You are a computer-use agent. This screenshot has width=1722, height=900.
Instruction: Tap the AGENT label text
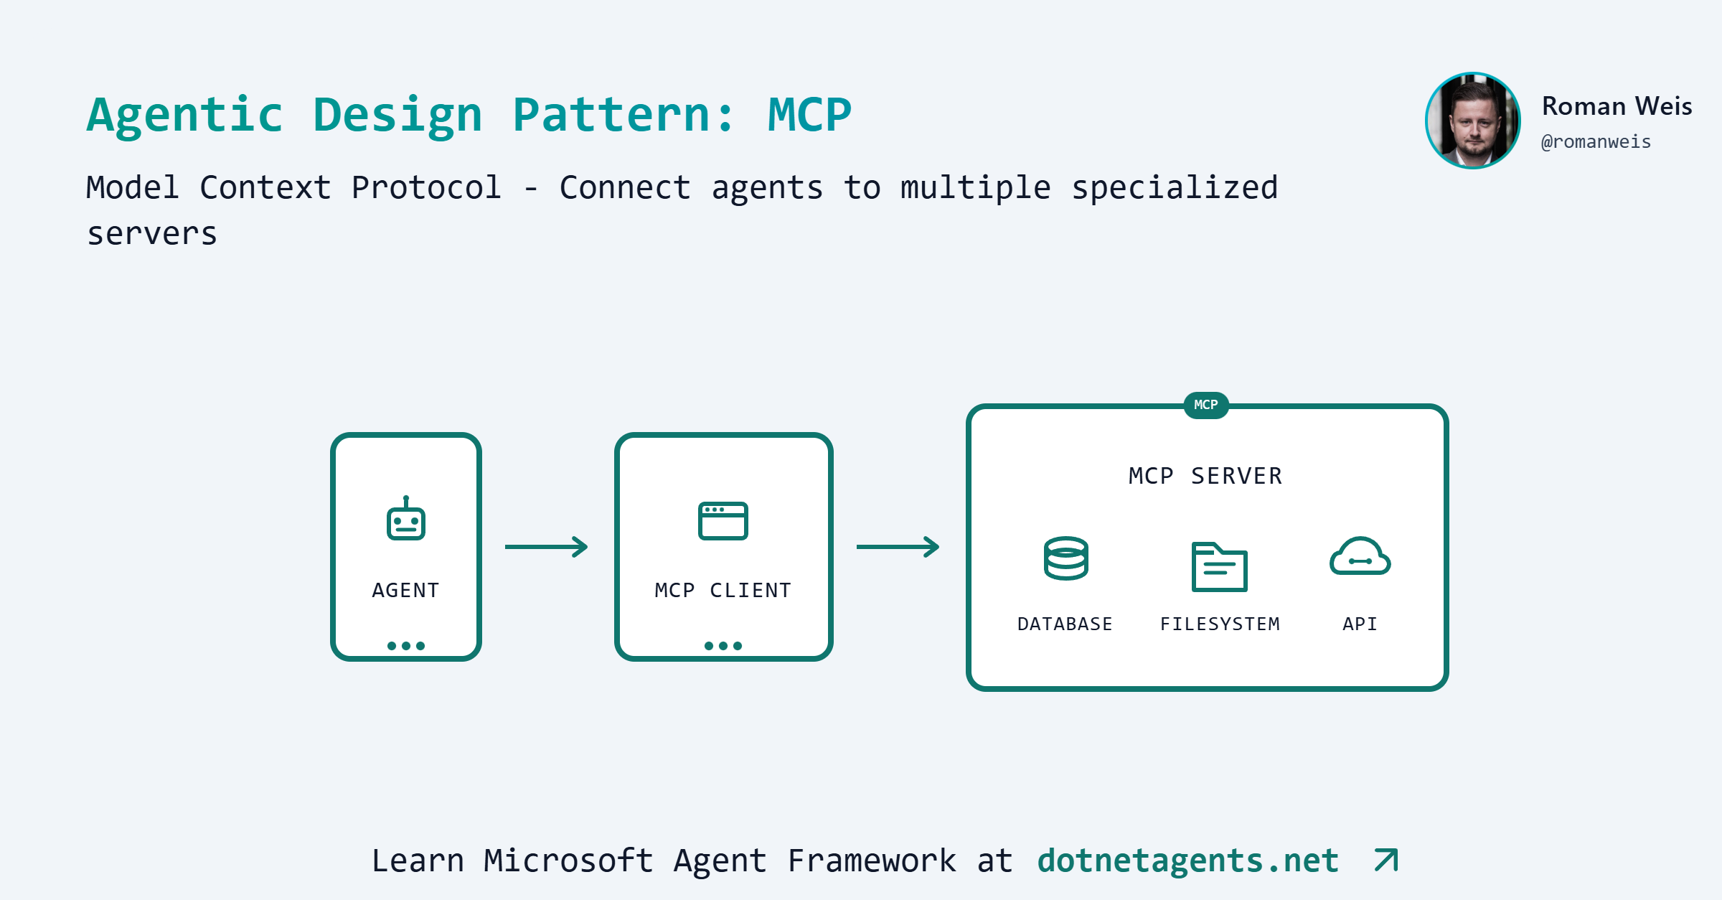(x=405, y=590)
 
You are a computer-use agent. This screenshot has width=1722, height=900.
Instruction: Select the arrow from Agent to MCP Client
(x=547, y=547)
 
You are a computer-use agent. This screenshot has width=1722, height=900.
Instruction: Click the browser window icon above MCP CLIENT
(x=723, y=520)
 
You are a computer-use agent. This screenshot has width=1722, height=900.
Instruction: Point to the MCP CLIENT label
(x=723, y=590)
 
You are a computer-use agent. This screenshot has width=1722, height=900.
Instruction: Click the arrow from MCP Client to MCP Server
(x=898, y=547)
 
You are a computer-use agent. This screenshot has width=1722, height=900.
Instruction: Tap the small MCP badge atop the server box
(x=1206, y=405)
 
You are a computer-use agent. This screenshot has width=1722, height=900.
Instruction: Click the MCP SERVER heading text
(x=1205, y=476)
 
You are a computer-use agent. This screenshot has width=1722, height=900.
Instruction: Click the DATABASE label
(x=1065, y=624)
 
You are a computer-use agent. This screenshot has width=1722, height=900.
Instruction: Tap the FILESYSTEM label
(x=1220, y=624)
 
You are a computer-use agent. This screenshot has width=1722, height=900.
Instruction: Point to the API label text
(x=1360, y=624)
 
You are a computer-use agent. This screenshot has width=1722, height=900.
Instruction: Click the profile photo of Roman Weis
(x=1473, y=121)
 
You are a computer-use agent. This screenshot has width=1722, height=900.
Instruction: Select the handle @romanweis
(x=1596, y=142)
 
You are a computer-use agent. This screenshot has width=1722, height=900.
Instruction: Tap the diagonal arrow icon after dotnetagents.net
(x=1386, y=860)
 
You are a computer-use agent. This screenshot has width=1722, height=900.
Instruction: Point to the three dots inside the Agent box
(x=406, y=646)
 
